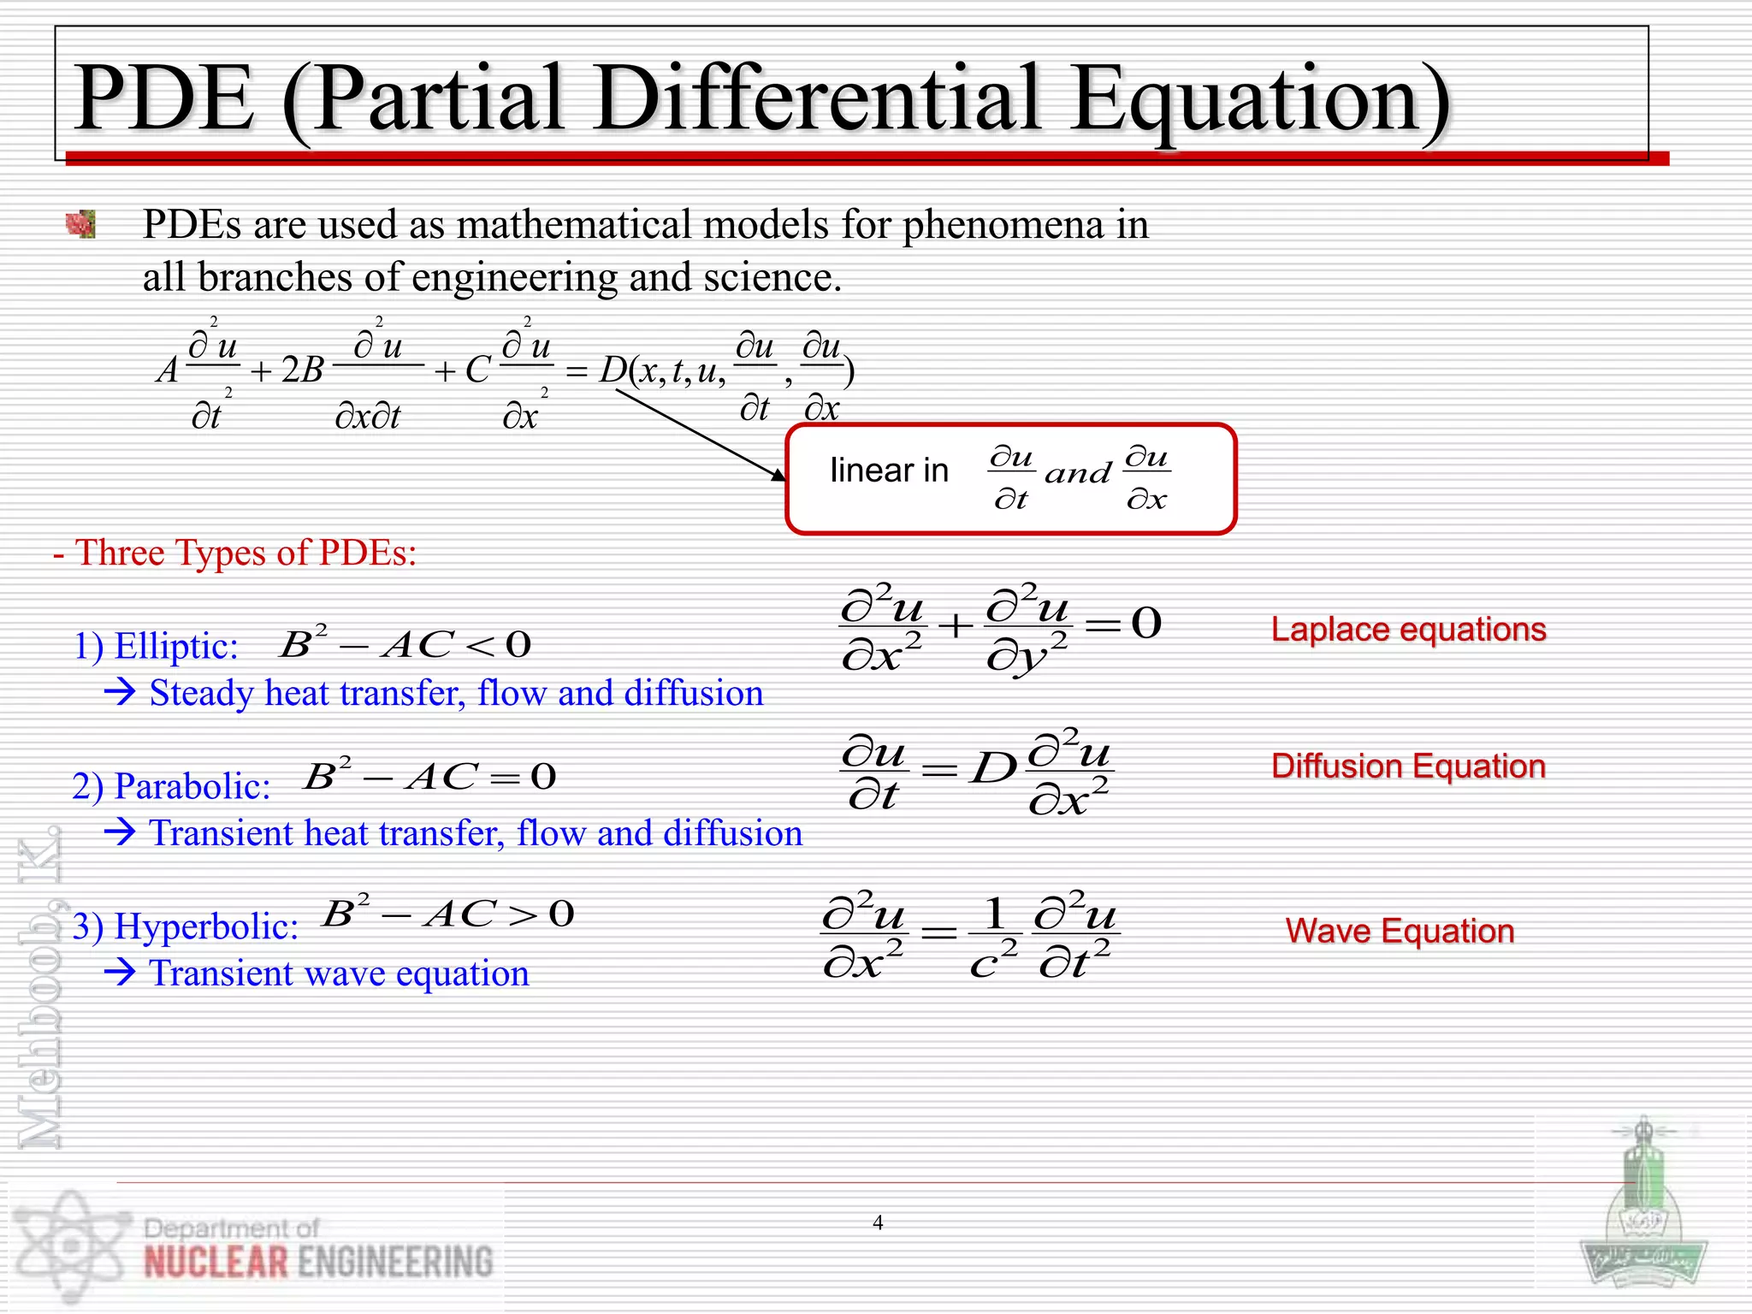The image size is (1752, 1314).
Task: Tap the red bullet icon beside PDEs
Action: click(x=80, y=224)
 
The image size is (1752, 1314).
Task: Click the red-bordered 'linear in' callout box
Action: click(x=1010, y=479)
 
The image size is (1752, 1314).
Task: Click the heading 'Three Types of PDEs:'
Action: click(x=245, y=553)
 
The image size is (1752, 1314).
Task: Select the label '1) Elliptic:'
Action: click(x=156, y=646)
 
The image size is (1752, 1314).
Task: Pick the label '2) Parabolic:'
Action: click(x=171, y=786)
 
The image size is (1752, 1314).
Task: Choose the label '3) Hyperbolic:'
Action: click(x=186, y=926)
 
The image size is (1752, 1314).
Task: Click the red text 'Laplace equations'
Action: click(x=1408, y=630)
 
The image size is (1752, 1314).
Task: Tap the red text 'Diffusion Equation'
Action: click(x=1408, y=766)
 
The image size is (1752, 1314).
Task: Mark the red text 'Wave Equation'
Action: click(x=1400, y=931)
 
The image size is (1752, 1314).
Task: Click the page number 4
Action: click(x=878, y=1222)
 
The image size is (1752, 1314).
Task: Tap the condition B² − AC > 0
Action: click(x=447, y=914)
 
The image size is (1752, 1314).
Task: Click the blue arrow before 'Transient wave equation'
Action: click(x=121, y=972)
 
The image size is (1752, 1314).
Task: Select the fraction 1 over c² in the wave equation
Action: click(x=994, y=938)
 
